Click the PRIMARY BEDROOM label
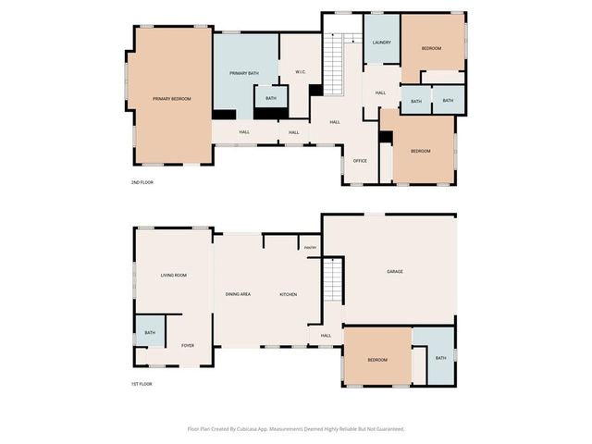tap(172, 98)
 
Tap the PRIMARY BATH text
tap(244, 72)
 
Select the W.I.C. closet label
tap(301, 72)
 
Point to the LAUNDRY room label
tap(381, 43)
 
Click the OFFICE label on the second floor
tap(360, 161)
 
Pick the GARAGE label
tap(395, 271)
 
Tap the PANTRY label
tap(310, 248)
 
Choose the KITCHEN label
tap(289, 294)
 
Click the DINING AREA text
tap(238, 294)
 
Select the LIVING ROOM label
tap(174, 275)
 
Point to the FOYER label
tap(188, 345)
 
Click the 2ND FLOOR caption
tap(142, 182)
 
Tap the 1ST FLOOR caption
tap(142, 383)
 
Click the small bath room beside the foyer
tap(149, 332)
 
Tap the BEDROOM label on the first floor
tap(376, 359)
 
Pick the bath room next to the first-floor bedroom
tap(440, 358)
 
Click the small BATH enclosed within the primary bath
tap(270, 98)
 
